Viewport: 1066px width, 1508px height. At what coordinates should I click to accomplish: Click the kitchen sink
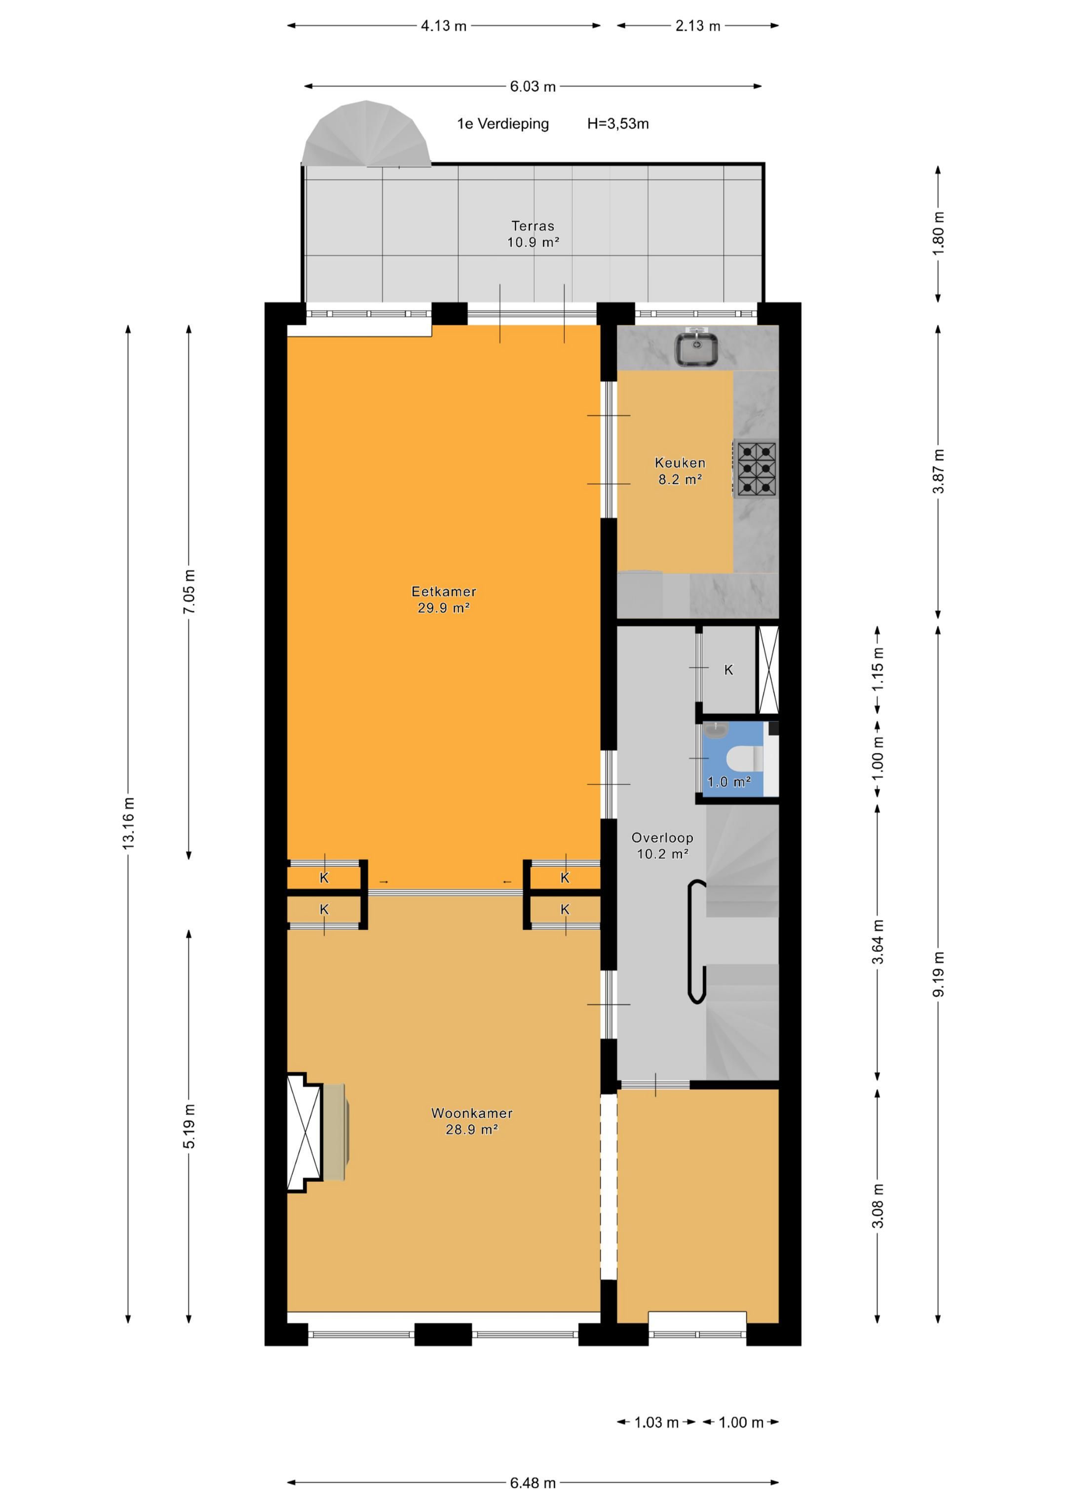[696, 349]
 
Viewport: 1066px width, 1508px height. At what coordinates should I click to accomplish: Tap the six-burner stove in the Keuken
[756, 469]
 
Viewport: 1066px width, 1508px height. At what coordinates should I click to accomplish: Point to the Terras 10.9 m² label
[533, 234]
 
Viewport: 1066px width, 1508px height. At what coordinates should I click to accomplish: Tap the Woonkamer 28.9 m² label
[472, 1121]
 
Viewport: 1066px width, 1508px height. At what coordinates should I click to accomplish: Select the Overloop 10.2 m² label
[662, 845]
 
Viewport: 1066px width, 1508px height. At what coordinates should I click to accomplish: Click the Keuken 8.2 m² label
[680, 471]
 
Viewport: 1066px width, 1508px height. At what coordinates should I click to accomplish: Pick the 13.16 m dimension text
[128, 823]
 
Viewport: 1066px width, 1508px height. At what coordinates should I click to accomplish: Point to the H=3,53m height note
[617, 123]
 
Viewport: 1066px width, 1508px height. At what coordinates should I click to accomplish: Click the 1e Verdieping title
[502, 123]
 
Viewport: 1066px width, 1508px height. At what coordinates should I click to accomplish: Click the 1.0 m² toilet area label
[728, 781]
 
